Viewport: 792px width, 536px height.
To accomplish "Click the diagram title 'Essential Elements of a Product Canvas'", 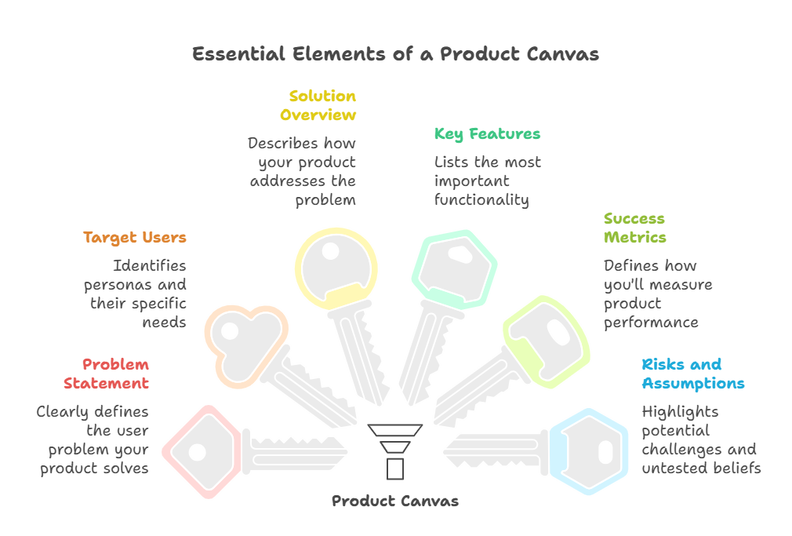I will [395, 54].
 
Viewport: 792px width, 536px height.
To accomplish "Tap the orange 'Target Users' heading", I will [135, 237].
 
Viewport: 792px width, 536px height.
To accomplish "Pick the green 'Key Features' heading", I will [487, 134].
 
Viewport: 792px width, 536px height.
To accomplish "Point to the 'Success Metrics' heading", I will [634, 228].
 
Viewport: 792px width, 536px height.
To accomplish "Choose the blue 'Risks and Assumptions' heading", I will [693, 374].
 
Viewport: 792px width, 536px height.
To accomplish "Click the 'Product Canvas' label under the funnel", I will [395, 501].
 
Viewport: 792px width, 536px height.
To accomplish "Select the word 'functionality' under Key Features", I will [481, 199].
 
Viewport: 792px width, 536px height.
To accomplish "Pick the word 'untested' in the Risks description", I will [672, 468].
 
